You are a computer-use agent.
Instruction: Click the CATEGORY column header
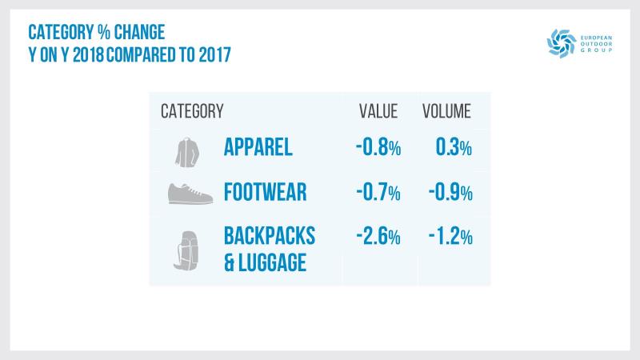(192, 110)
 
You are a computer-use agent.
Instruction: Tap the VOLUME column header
(446, 110)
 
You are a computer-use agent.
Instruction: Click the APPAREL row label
(258, 148)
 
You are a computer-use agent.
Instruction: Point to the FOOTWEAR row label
(266, 193)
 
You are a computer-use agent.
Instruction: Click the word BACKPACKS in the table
(270, 237)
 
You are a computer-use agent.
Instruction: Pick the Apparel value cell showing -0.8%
(378, 148)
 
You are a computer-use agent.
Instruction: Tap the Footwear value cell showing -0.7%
(378, 193)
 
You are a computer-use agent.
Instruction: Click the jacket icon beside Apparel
(185, 150)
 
